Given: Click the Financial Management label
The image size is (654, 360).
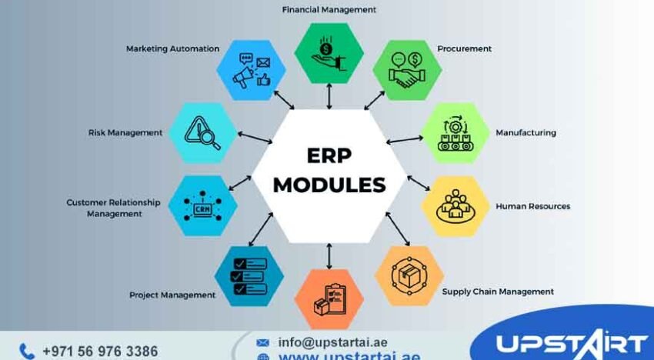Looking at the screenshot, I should [329, 10].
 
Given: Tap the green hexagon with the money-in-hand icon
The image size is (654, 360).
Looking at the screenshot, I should [329, 53].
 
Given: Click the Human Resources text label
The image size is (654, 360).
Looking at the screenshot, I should [532, 206].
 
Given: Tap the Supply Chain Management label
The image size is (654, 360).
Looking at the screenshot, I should [498, 292].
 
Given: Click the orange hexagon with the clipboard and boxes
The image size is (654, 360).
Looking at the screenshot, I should [329, 298].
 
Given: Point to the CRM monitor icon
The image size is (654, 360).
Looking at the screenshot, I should [202, 206].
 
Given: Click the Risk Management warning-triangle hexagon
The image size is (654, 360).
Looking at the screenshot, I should [202, 133].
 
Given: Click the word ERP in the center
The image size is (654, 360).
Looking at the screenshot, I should [329, 155].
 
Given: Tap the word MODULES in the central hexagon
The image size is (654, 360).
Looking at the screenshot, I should [329, 185].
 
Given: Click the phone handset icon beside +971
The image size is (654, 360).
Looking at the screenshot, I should [27, 351].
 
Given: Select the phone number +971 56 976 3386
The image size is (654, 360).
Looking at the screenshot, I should [100, 351].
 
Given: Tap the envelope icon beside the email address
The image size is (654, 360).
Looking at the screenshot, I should [263, 342].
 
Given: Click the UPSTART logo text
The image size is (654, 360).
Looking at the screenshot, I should [570, 344].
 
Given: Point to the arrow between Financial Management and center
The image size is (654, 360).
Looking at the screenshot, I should [329, 96].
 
